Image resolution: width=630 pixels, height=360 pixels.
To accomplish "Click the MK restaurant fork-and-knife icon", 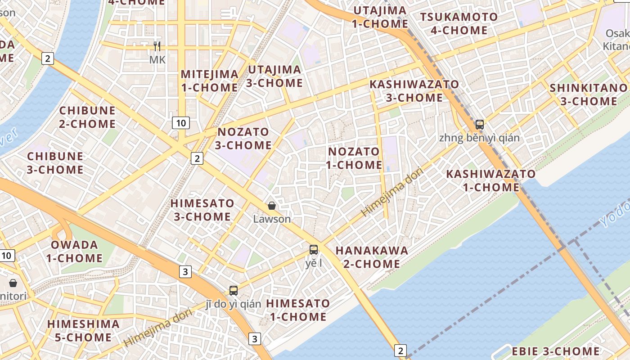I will tap(157, 46).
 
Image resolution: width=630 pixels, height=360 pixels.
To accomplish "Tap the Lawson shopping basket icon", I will tap(272, 206).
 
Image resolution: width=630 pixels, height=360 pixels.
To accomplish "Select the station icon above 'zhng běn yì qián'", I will tap(480, 125).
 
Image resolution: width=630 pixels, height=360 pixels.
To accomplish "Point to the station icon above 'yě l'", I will tap(314, 249).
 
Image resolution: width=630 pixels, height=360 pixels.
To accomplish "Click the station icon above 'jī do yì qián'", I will tap(233, 290).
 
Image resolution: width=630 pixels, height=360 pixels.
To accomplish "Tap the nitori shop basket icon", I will tap(13, 283).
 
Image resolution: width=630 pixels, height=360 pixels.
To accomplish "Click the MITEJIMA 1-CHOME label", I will tap(209, 81).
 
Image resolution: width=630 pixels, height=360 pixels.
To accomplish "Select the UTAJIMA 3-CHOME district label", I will tap(274, 76).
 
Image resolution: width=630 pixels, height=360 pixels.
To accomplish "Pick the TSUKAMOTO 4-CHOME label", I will tap(459, 24).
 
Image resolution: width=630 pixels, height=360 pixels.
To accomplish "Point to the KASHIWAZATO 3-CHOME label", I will tap(414, 91).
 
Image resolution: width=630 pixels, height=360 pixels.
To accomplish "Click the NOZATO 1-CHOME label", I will tap(354, 158).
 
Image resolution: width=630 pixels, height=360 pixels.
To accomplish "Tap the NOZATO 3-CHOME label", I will tap(243, 139).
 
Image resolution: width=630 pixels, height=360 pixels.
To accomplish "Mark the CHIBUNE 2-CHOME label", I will tap(87, 117).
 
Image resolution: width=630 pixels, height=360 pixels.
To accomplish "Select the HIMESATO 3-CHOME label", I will tap(202, 210).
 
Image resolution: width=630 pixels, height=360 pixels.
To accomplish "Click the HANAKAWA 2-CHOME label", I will tap(372, 257).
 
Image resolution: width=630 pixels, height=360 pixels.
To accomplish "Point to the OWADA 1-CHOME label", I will tap(74, 252).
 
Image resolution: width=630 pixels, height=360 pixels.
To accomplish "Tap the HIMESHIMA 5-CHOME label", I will tap(83, 330).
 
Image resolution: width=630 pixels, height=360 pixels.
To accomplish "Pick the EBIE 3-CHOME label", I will tap(555, 351).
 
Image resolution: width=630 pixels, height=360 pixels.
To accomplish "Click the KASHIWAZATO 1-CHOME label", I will tap(491, 180).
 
